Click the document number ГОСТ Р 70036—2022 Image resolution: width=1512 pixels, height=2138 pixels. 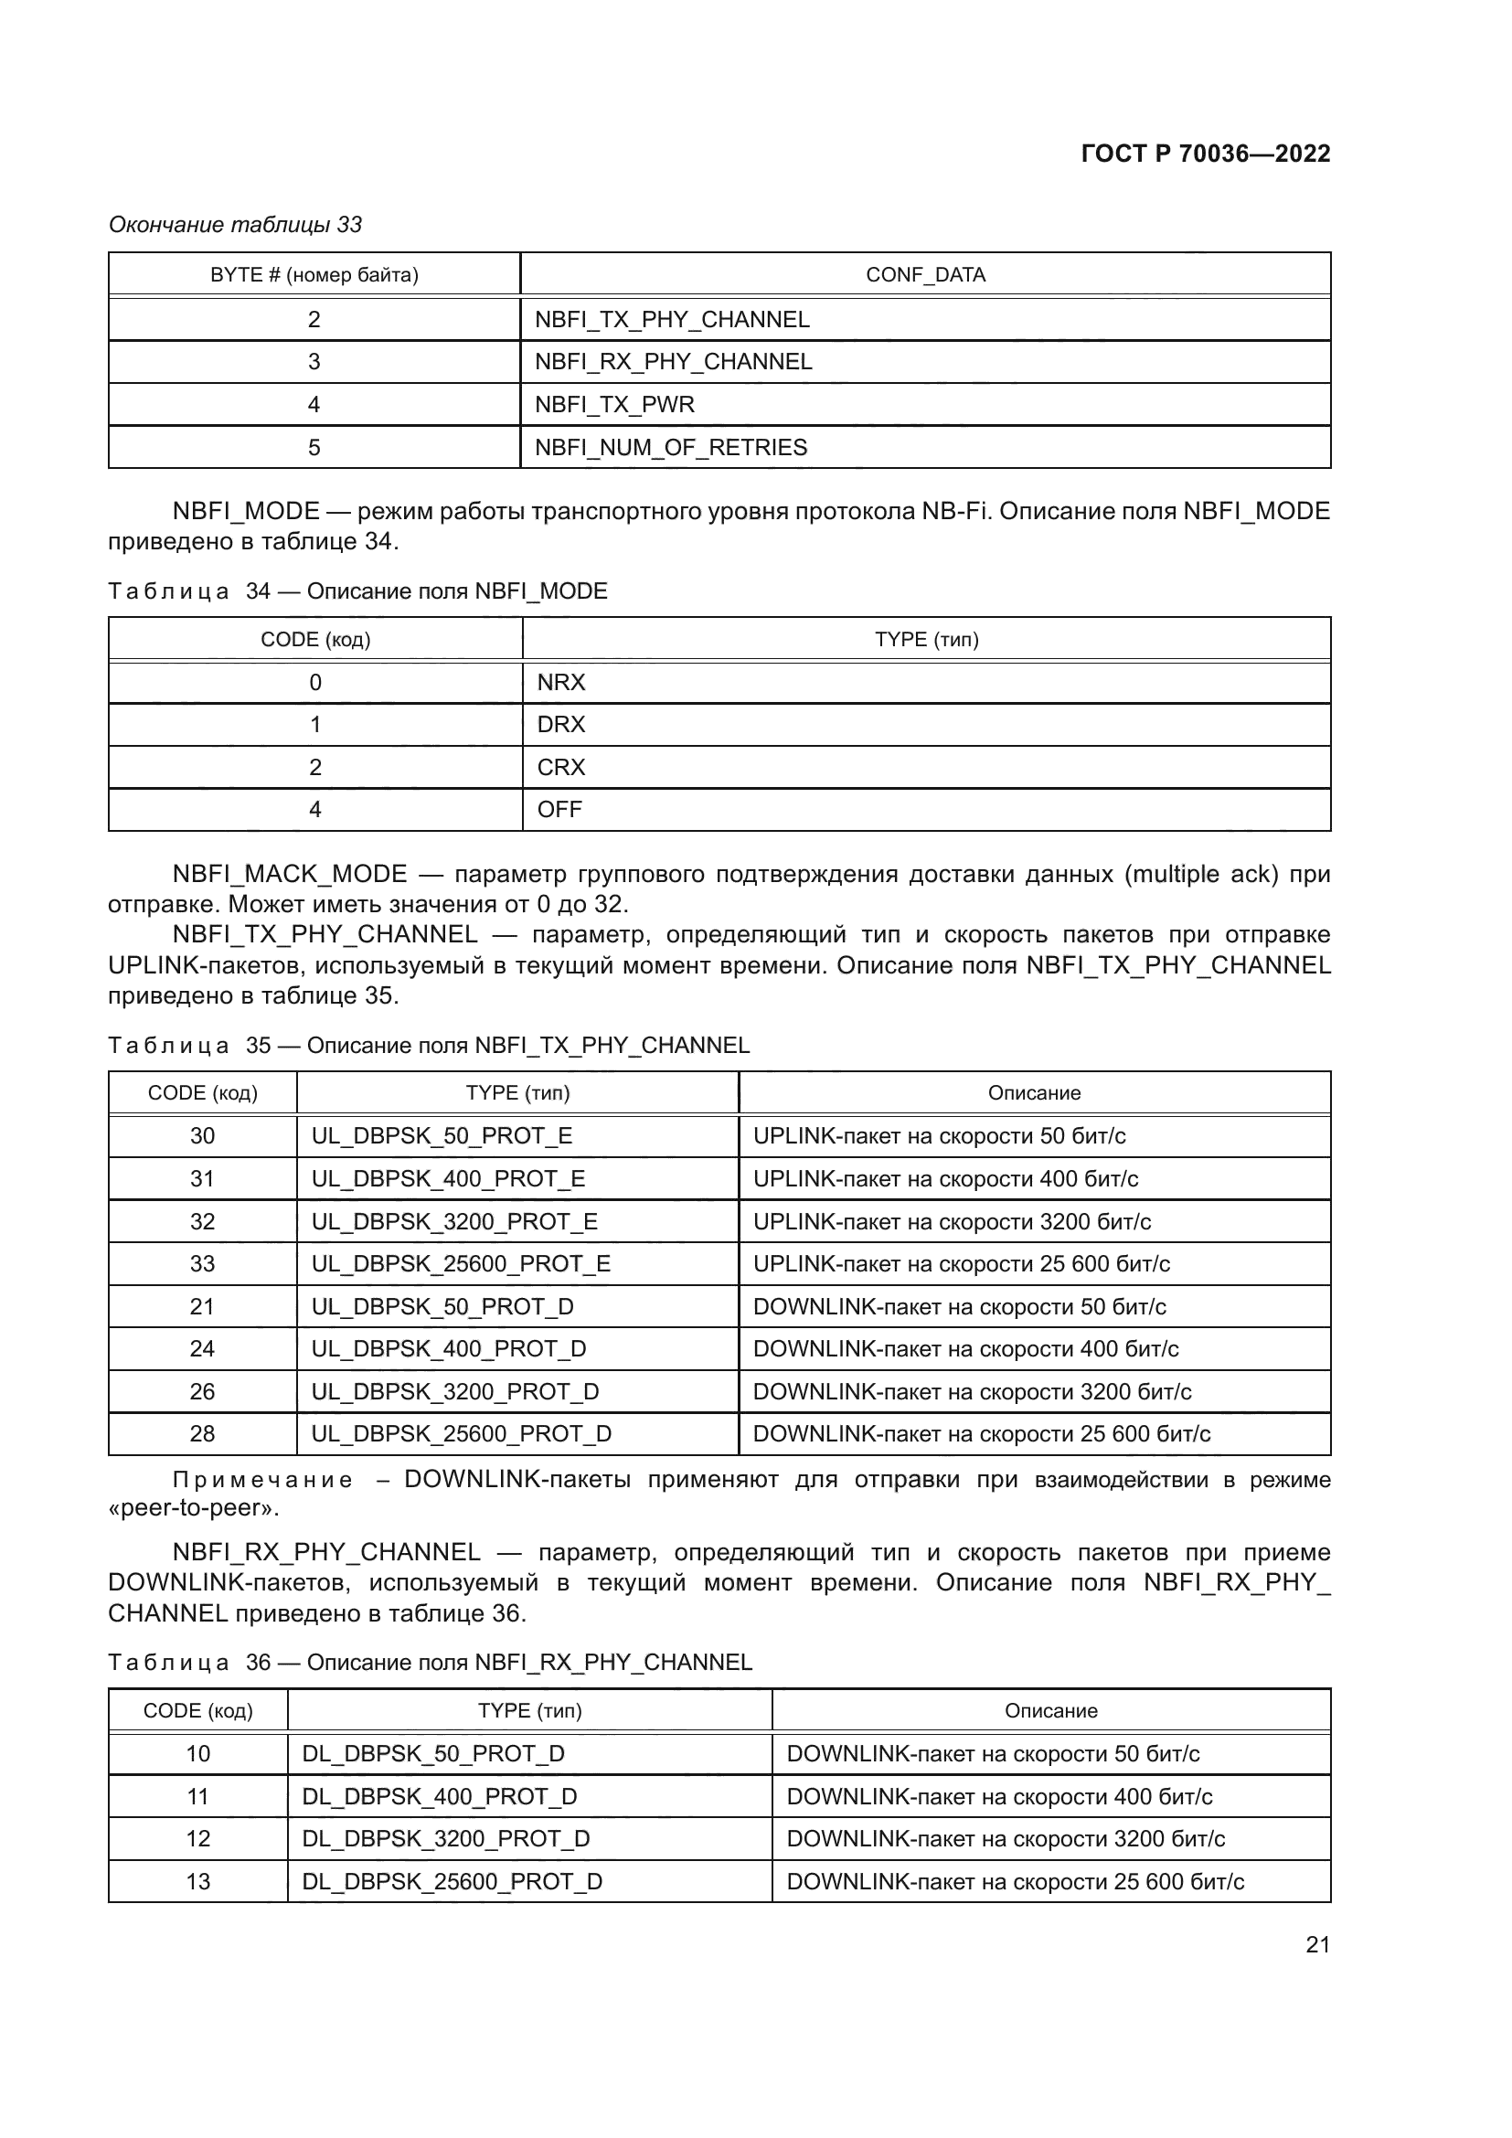(x=1205, y=154)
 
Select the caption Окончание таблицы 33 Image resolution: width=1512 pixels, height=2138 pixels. (x=236, y=225)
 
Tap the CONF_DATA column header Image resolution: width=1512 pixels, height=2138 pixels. (x=924, y=275)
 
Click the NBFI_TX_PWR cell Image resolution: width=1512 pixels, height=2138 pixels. (x=614, y=404)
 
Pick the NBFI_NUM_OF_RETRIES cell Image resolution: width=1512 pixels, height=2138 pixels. (x=670, y=447)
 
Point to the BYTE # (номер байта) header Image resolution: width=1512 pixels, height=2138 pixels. (x=314, y=275)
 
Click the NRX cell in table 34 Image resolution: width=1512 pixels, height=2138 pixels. (x=560, y=683)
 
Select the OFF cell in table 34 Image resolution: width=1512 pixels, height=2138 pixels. (x=559, y=809)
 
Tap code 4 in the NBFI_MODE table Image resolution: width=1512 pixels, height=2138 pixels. (x=314, y=809)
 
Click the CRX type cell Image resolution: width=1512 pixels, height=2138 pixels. (x=560, y=767)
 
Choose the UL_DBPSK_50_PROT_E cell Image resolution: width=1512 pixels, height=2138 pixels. (x=442, y=1136)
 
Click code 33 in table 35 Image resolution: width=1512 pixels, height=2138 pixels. (x=202, y=1263)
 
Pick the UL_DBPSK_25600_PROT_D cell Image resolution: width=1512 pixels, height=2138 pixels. (x=461, y=1434)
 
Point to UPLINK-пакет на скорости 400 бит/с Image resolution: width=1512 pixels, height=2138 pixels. (x=945, y=1179)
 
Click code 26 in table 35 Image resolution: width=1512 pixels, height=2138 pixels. (x=202, y=1391)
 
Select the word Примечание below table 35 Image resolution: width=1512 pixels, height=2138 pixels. (x=262, y=1481)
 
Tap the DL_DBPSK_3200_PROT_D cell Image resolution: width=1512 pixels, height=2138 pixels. (x=445, y=1838)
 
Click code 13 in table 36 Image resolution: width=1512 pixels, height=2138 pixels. (x=197, y=1881)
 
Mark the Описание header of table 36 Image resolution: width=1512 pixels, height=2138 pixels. (x=1050, y=1710)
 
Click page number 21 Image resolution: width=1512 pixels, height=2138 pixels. (x=1317, y=1944)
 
